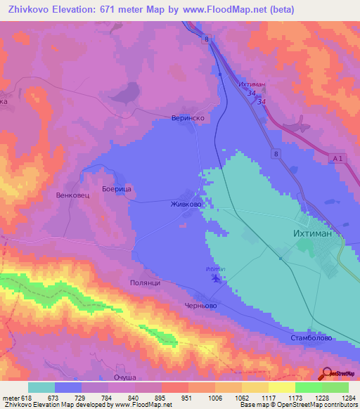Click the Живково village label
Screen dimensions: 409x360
coord(186,204)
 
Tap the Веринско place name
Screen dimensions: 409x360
coord(188,119)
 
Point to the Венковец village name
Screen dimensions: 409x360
coord(72,193)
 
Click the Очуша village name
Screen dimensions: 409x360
coord(124,378)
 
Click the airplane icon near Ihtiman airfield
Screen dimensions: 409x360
coord(216,279)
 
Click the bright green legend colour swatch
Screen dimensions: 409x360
coord(308,387)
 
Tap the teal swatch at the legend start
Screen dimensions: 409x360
coord(41,387)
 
